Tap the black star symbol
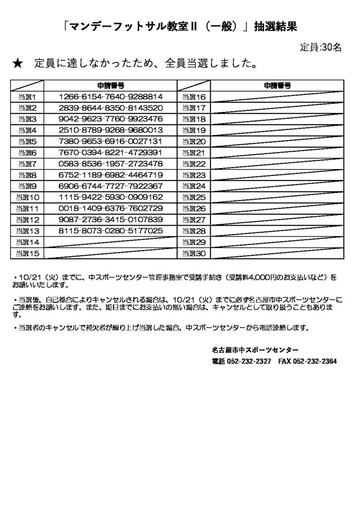point(16,64)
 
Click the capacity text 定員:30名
point(321,48)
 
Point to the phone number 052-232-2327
point(249,361)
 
